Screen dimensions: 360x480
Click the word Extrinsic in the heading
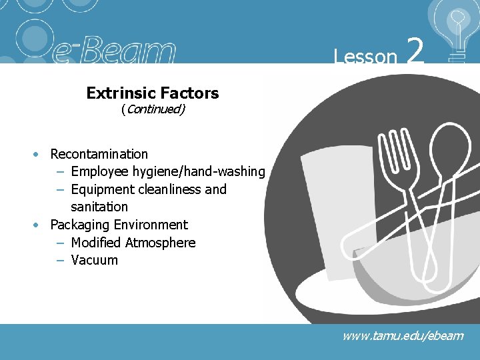tap(117, 93)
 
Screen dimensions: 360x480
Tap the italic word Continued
tap(153, 109)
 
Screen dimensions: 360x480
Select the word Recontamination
tap(99, 154)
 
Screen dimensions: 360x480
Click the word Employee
tap(100, 171)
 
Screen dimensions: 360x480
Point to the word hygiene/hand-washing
tap(199, 171)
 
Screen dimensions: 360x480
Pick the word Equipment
tap(102, 189)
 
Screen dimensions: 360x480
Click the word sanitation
tap(99, 207)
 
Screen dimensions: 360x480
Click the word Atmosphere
tap(161, 243)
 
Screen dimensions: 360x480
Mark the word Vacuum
tap(94, 260)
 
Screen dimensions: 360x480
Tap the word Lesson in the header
tap(365, 57)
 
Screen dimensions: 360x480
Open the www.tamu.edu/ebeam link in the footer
tap(403, 335)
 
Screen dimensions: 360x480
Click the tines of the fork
tap(395, 150)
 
